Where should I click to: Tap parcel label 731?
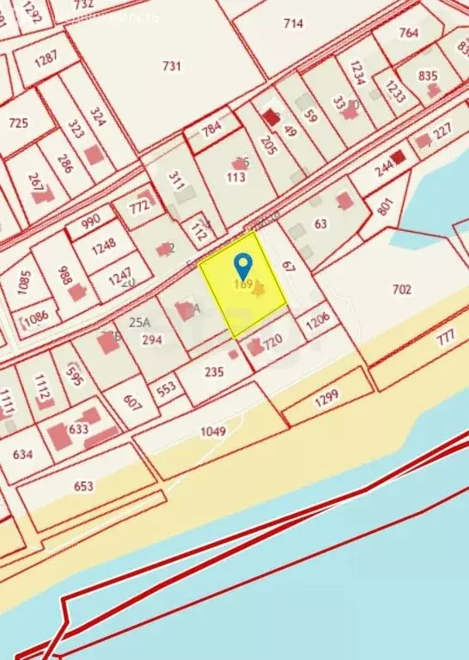[172, 65]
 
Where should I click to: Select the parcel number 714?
[294, 23]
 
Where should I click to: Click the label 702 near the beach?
[401, 290]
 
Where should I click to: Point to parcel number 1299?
[326, 396]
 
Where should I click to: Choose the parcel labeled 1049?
[212, 431]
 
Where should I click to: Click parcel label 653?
[83, 486]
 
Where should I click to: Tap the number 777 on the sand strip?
[445, 338]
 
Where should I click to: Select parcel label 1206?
[318, 320]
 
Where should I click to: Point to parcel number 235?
[214, 372]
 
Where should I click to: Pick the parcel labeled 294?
[152, 339]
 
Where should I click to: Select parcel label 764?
[409, 34]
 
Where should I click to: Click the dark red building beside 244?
[398, 158]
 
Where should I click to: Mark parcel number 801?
[384, 207]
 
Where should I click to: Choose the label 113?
[236, 177]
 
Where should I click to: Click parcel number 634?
[23, 455]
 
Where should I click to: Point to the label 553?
[166, 388]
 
